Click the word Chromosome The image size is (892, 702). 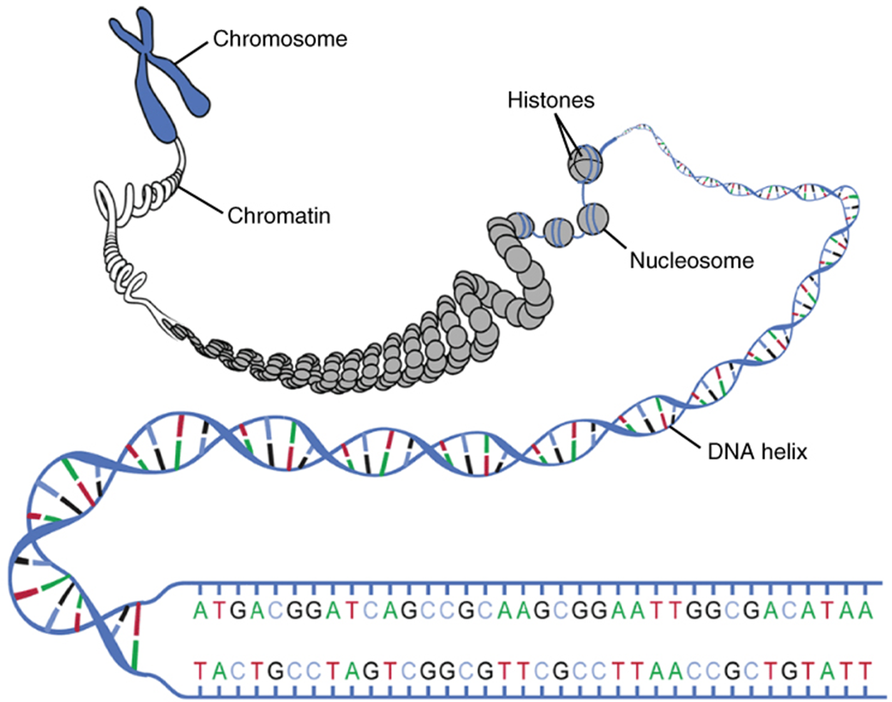280,39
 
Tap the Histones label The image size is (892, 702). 550,100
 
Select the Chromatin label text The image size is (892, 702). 278,215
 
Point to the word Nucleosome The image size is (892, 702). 691,260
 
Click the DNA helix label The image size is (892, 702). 757,451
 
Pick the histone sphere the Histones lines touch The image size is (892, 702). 585,164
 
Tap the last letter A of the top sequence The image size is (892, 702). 866,611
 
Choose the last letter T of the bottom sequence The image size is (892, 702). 866,671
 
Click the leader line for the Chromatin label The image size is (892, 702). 203,200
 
